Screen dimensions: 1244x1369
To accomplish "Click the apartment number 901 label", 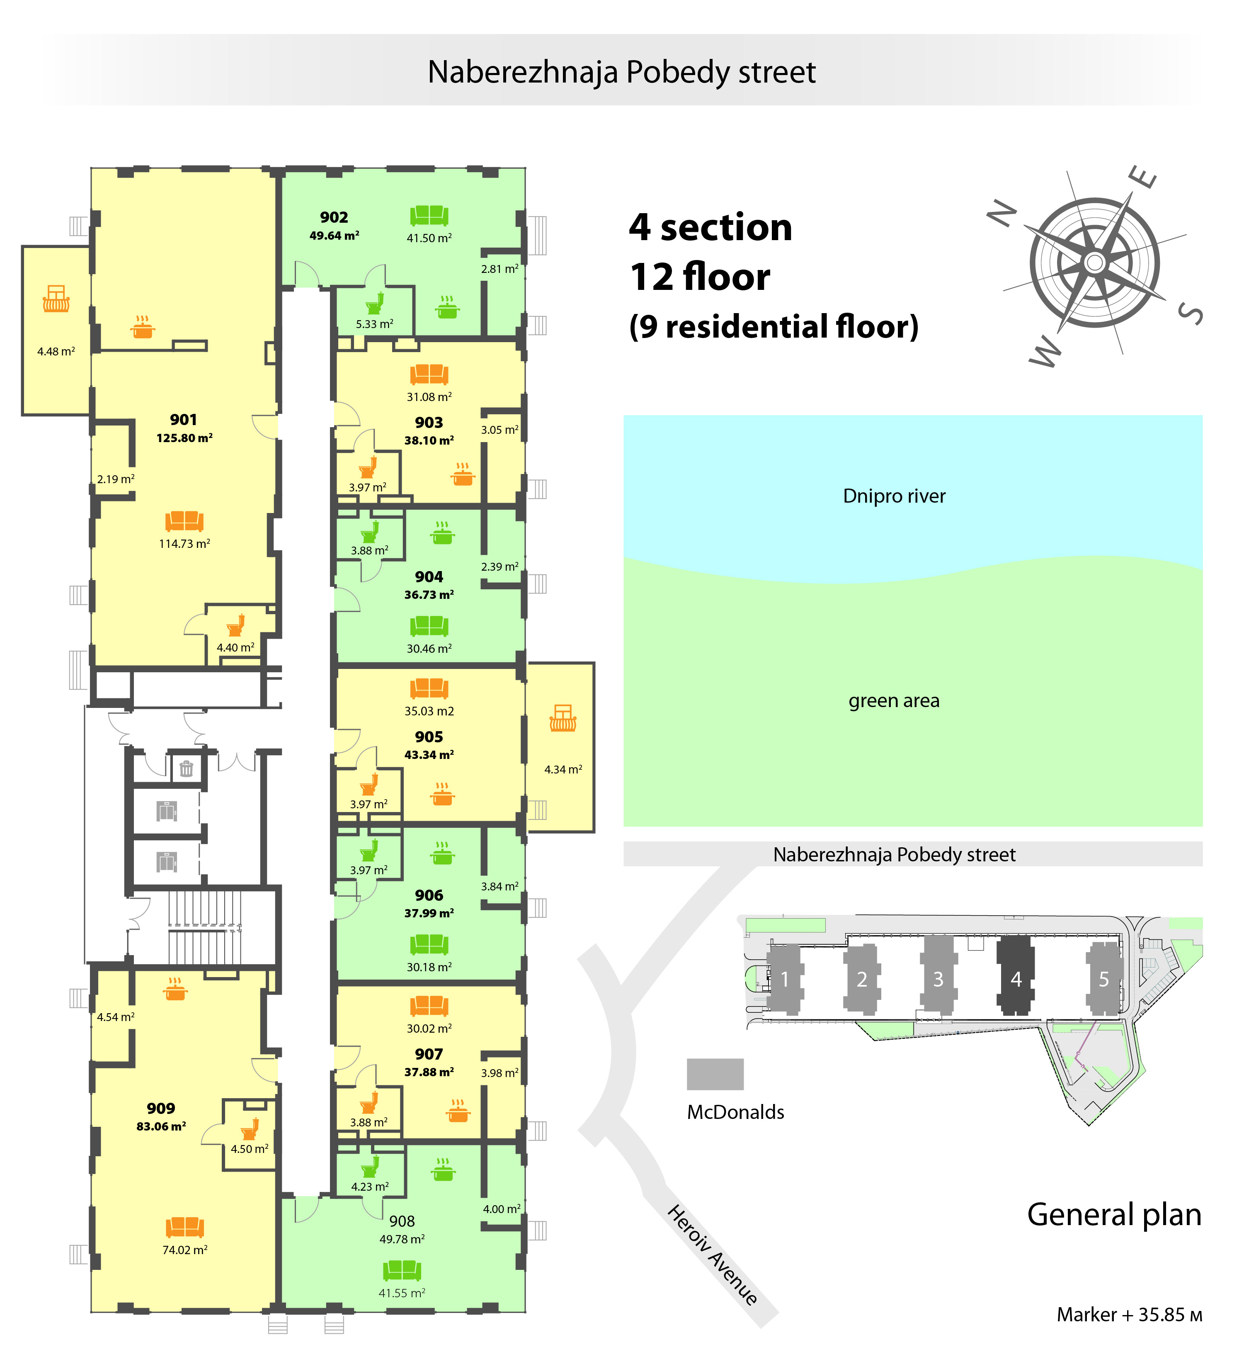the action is click(x=183, y=420).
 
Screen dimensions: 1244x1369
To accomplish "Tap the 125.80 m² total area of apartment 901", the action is click(x=184, y=438).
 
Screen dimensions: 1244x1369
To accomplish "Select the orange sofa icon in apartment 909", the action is click(x=184, y=1227).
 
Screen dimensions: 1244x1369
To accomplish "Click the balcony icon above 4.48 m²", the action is click(x=56, y=299).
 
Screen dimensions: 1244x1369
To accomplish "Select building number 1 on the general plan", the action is click(x=785, y=978).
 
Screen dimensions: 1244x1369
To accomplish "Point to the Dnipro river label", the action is click(x=894, y=496).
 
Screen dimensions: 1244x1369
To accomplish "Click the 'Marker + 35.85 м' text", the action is click(x=1129, y=1315).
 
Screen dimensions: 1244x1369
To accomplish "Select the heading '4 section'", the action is click(x=711, y=227).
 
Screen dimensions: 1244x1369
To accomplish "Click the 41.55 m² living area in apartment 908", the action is click(x=402, y=1293).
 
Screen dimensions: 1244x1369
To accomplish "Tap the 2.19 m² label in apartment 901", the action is click(x=115, y=479).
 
